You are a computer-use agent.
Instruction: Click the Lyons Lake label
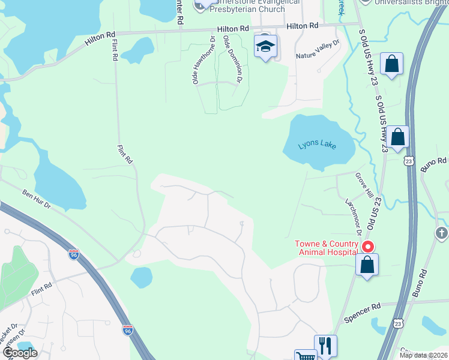click(318, 145)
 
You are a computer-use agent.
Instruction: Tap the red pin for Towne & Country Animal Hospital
click(367, 247)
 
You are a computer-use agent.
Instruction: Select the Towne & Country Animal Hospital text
click(326, 248)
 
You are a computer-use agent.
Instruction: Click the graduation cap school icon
click(265, 47)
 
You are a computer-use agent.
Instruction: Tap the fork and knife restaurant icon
click(325, 346)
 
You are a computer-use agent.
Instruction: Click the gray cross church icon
click(441, 232)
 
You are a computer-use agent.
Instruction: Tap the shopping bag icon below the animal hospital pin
click(367, 265)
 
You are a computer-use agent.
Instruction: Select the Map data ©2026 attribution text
click(423, 355)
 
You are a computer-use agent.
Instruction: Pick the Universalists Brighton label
click(412, 2)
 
